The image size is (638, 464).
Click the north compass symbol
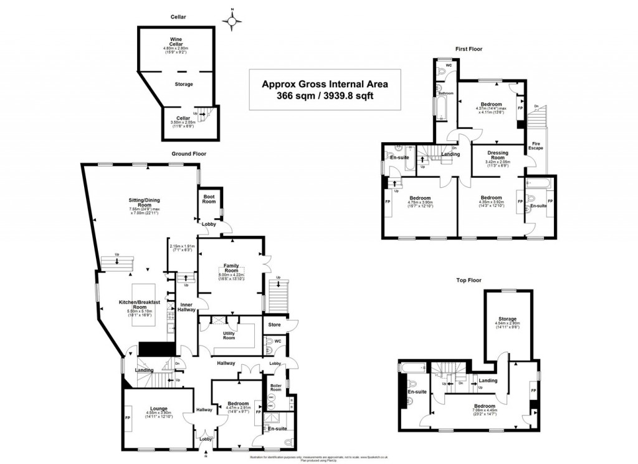pos(232,22)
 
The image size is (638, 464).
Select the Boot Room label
pos(209,199)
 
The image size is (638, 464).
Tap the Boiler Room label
pos(276,387)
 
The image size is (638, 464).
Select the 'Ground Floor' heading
pos(189,153)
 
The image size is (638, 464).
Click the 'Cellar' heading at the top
pos(179,17)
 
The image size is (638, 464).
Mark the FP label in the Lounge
pos(128,418)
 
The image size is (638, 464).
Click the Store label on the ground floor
pos(274,325)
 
